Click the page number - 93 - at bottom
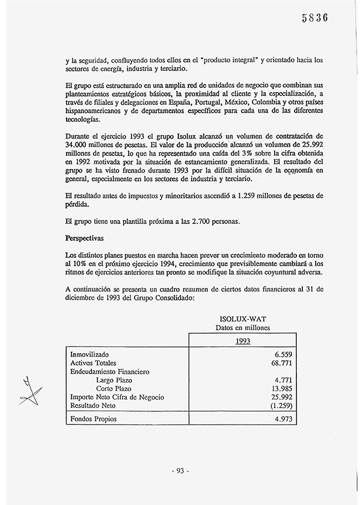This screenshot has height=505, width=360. tap(180, 471)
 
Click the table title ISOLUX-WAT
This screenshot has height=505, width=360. tap(240, 319)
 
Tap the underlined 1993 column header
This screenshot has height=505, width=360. tap(243, 341)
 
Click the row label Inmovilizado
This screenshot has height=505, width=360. tap(90, 354)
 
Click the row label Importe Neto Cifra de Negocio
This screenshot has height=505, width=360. tap(117, 397)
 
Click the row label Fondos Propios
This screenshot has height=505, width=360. tap(94, 419)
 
